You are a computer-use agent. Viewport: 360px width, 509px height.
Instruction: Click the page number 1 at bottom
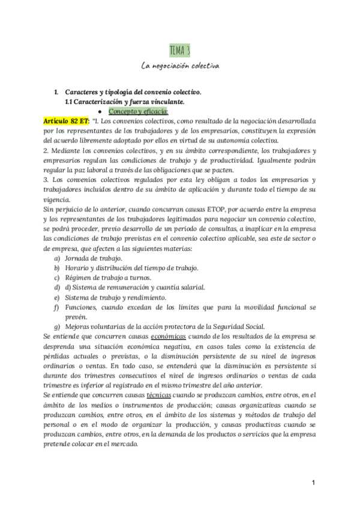[313, 483]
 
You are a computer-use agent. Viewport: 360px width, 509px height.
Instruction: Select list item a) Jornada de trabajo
[93, 258]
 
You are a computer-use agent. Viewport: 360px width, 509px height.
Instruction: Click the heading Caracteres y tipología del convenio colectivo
[133, 92]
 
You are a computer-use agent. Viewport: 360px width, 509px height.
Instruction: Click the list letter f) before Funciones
[56, 307]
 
